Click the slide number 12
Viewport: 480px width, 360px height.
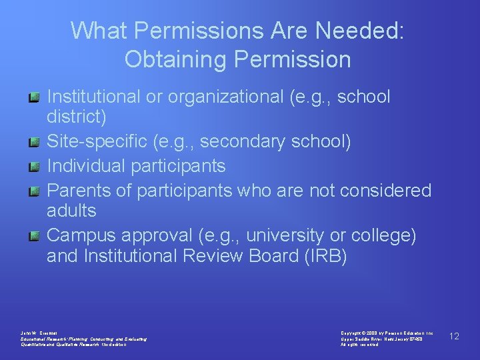click(454, 336)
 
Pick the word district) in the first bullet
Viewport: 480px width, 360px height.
click(76, 118)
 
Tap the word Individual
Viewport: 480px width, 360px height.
click(86, 165)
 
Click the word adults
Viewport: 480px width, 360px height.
click(71, 211)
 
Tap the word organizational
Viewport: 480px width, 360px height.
click(227, 97)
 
